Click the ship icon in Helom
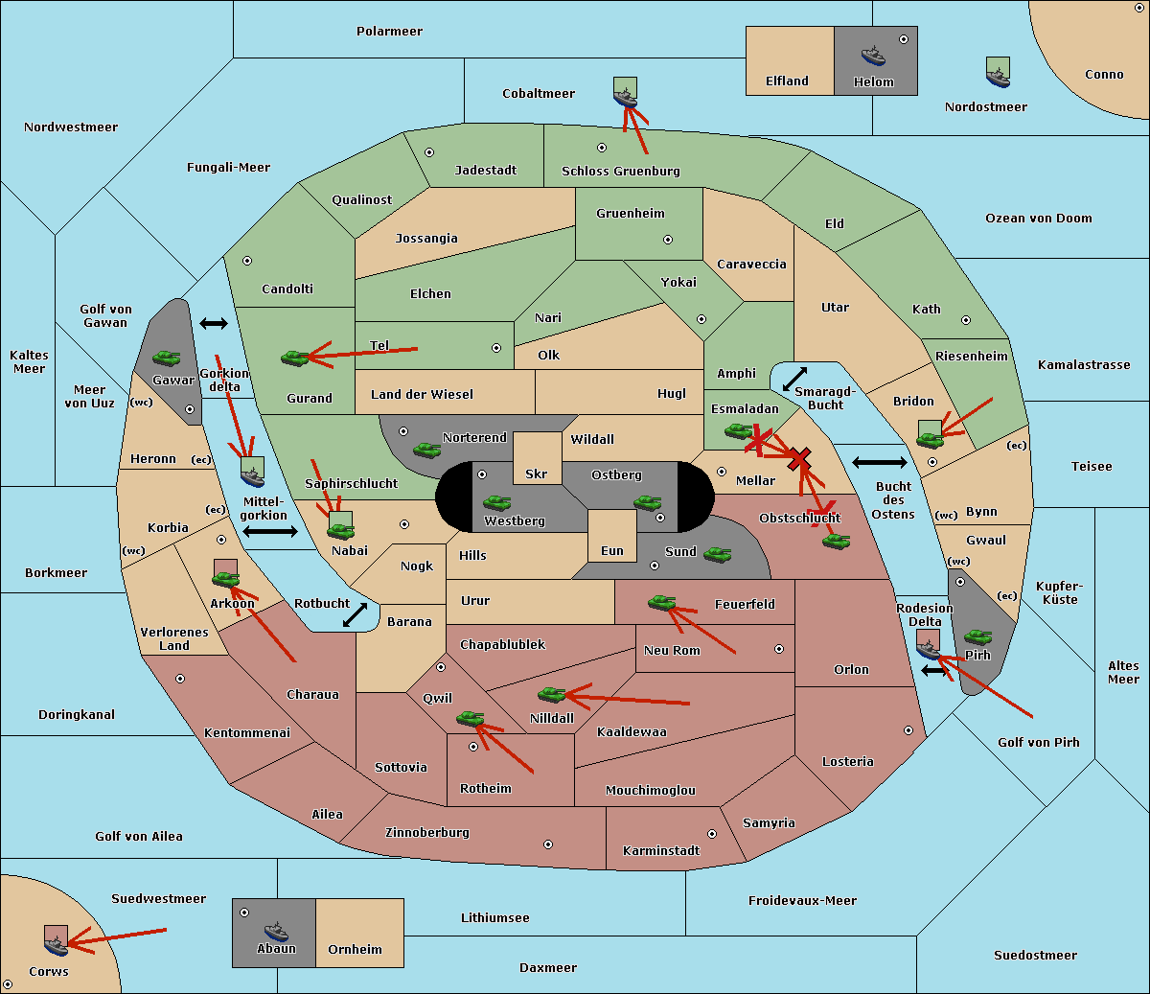[x=873, y=56]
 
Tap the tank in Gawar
[x=167, y=358]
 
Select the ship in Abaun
[x=277, y=931]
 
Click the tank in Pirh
[x=977, y=636]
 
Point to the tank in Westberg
[x=496, y=502]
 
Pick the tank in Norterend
[x=426, y=450]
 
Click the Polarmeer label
[x=389, y=32]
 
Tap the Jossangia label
[x=426, y=239]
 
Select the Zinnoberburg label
[x=427, y=833]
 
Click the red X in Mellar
[x=799, y=459]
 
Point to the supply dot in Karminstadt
[x=712, y=834]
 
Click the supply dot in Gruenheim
[x=668, y=240]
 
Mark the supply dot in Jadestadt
[x=429, y=152]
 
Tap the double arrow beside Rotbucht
[x=355, y=615]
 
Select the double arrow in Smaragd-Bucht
[x=794, y=379]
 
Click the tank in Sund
[x=717, y=554]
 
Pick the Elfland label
[x=787, y=81]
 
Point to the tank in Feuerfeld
[x=662, y=602]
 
